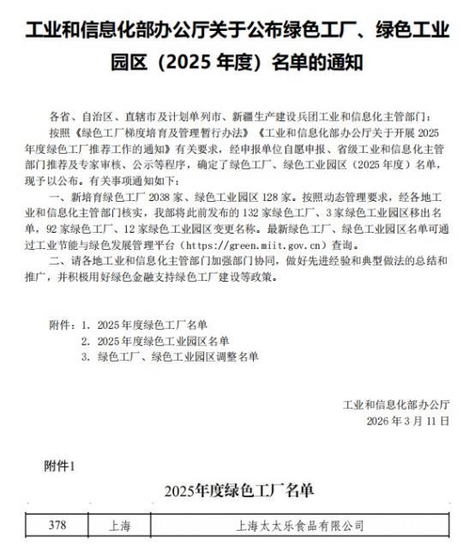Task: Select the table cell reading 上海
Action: point(121,523)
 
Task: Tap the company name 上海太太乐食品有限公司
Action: point(300,523)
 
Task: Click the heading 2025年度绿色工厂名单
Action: point(237,490)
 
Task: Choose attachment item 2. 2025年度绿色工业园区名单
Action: point(159,340)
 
